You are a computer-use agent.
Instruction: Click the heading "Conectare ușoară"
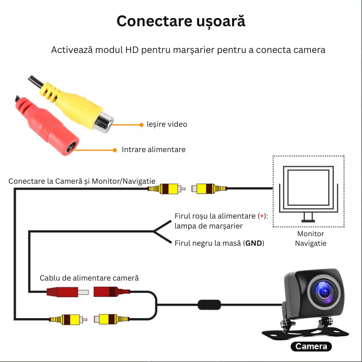[181, 21]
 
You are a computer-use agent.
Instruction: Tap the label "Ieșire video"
[167, 124]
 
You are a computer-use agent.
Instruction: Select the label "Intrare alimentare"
[153, 149]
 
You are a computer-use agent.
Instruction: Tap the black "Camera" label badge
[311, 347]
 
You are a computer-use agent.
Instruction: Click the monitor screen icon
[309, 188]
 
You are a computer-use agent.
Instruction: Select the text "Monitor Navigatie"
[310, 238]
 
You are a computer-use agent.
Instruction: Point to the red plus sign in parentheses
[262, 216]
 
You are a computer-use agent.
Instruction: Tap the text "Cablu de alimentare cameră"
[89, 278]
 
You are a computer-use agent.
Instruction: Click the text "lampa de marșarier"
[209, 226]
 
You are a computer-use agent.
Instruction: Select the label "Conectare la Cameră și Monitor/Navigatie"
[82, 181]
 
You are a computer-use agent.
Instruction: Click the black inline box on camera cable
[210, 304]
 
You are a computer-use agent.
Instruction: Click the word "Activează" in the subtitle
[71, 50]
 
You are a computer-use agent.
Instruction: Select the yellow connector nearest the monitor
[209, 188]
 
